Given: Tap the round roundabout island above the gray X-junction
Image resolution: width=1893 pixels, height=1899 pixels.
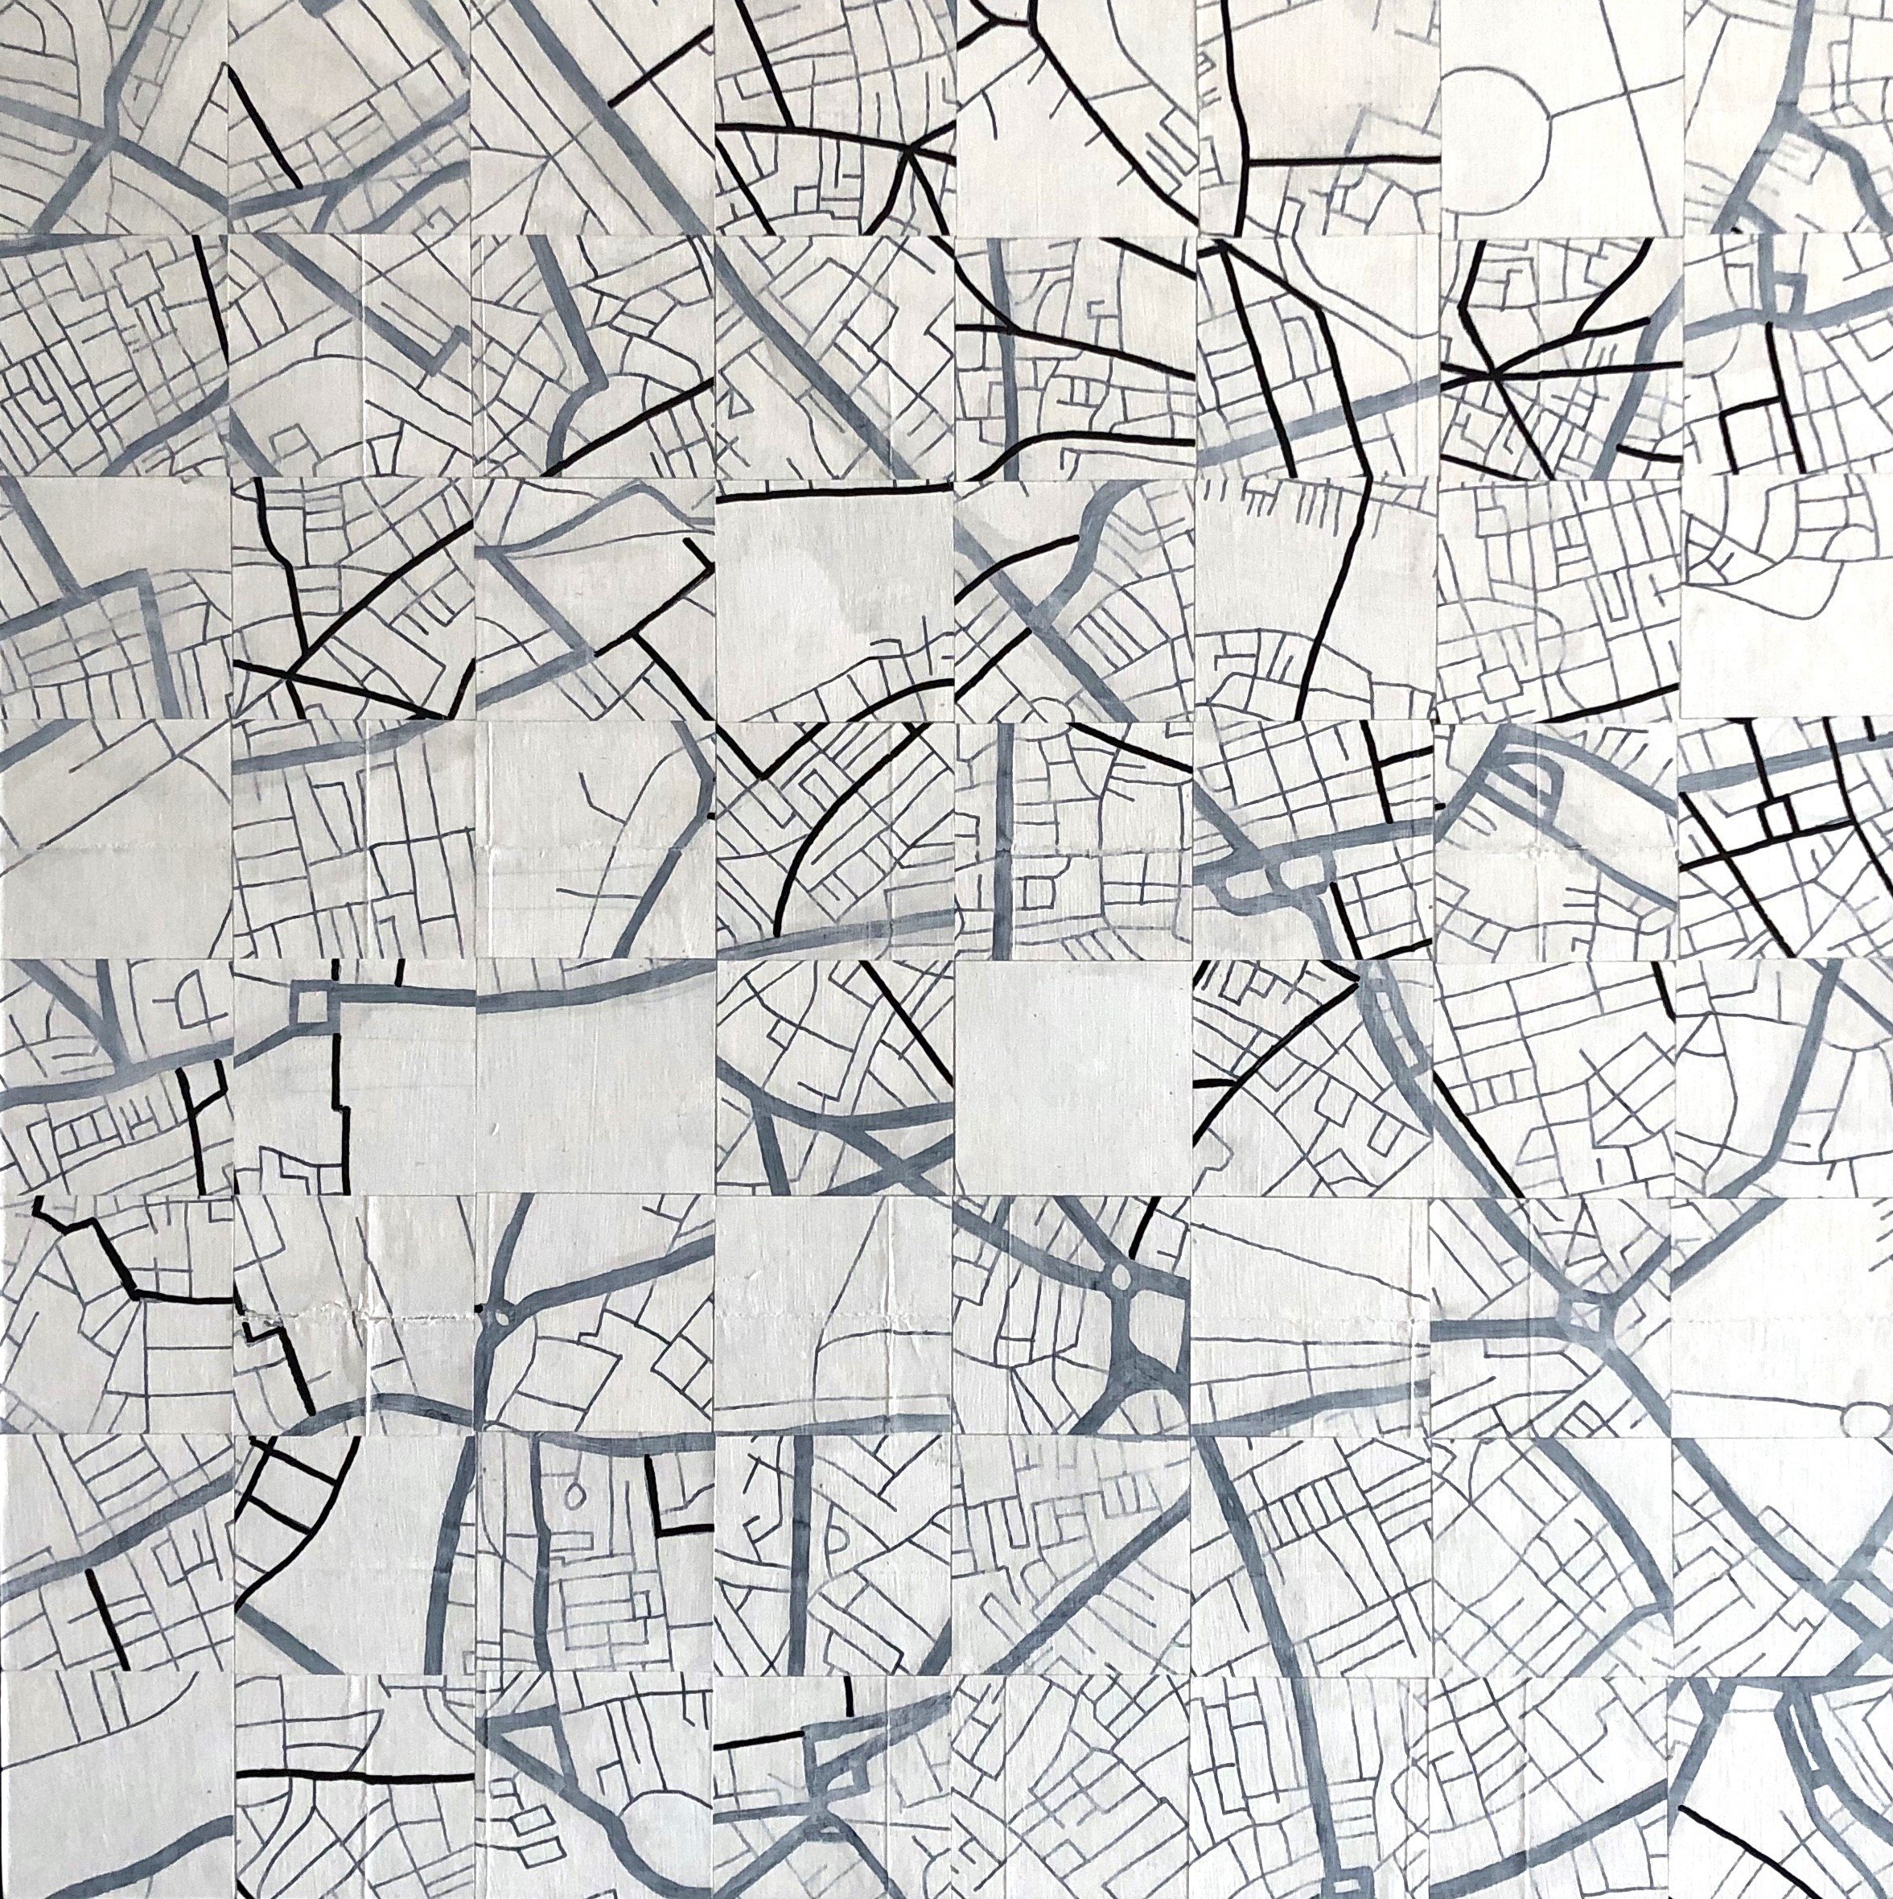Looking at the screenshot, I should click(1121, 1279).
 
